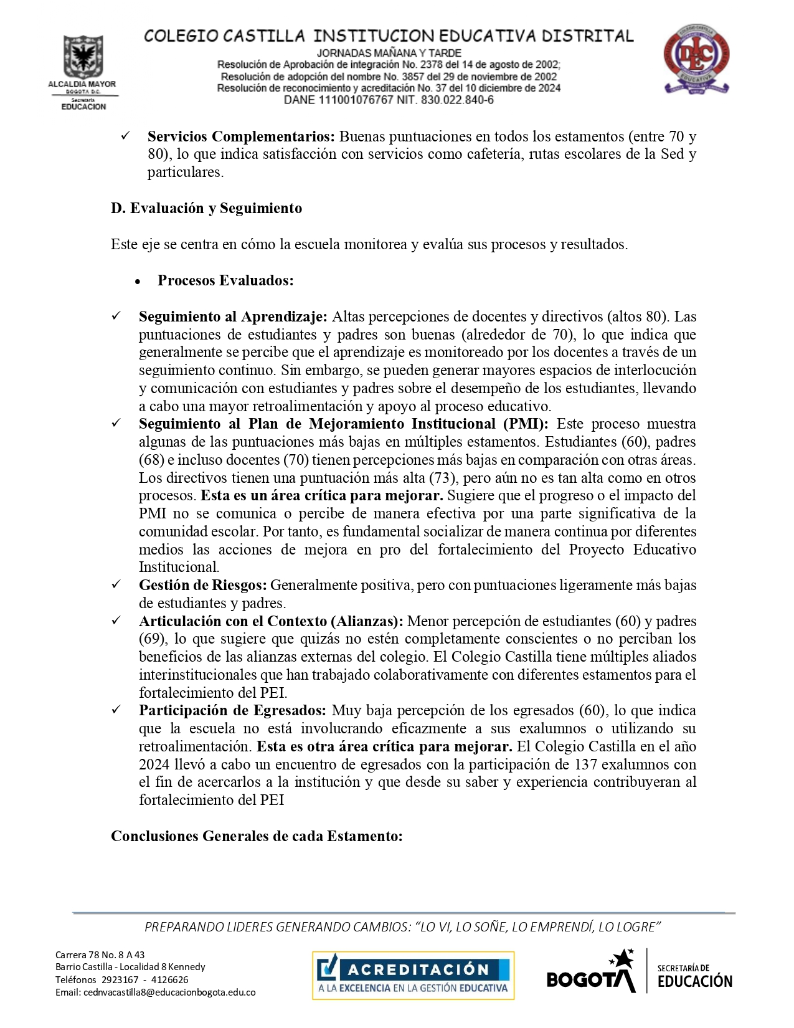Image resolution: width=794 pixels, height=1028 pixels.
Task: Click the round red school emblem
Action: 696,60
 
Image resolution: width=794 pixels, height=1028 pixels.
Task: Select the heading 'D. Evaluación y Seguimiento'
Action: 206,209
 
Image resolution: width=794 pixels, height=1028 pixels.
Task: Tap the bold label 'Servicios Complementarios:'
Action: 241,136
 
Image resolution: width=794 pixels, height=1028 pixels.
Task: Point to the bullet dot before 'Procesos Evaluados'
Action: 138,282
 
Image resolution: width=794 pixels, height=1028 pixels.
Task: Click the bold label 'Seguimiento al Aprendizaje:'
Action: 233,316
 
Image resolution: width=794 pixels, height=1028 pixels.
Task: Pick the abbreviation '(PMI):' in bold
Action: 526,424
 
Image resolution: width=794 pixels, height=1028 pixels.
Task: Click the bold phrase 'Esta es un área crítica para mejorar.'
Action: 321,496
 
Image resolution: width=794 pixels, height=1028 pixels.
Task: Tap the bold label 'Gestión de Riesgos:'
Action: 203,585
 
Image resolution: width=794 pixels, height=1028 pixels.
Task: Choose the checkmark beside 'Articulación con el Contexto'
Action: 116,621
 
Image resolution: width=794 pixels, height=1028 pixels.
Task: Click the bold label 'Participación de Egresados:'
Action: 232,710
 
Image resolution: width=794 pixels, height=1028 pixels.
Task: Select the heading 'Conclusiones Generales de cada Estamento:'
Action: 257,836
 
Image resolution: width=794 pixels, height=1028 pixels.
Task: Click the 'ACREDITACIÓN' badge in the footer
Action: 413,975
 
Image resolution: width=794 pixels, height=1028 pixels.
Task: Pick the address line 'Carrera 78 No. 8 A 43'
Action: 100,954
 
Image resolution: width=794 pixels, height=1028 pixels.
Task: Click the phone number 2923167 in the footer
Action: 120,980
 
